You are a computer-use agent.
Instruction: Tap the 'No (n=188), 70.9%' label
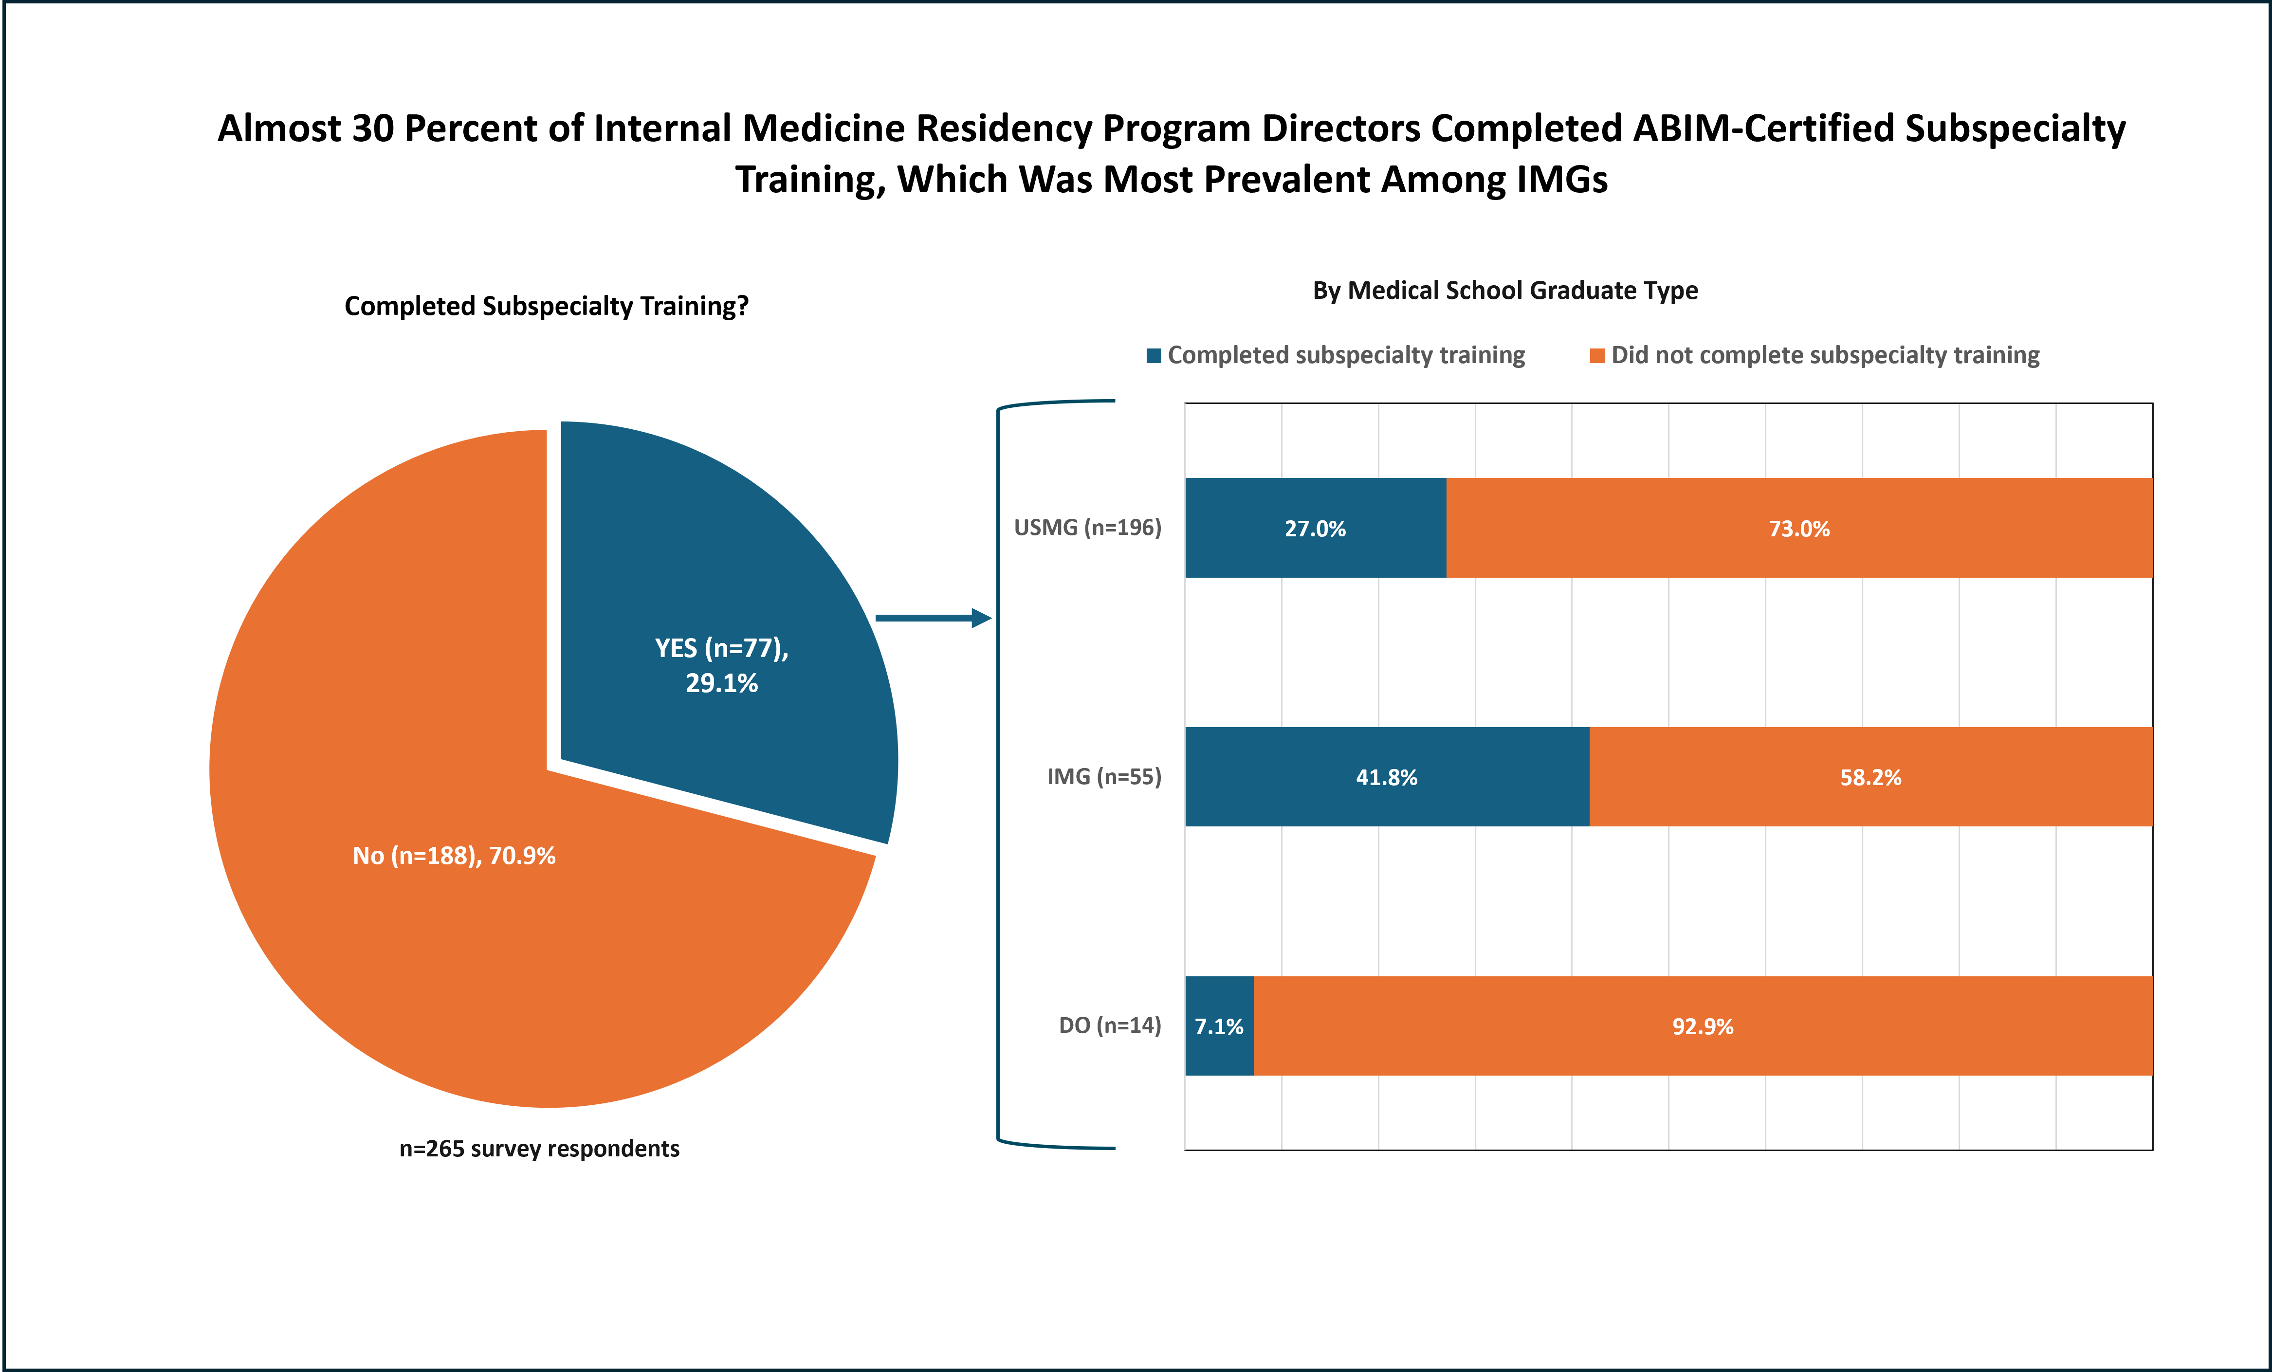tap(454, 856)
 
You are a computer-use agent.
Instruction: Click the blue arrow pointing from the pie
tap(931, 618)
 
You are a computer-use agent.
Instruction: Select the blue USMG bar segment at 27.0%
tap(1315, 529)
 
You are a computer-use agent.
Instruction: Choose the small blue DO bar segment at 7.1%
tap(1219, 1026)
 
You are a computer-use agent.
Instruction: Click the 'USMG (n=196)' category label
tap(1087, 528)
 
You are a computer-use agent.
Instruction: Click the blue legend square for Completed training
tap(1154, 356)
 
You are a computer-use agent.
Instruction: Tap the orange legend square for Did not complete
tap(1597, 356)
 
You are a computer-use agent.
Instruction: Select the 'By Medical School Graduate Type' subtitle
tap(1505, 291)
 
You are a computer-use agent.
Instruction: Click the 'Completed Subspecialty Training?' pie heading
tap(546, 306)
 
